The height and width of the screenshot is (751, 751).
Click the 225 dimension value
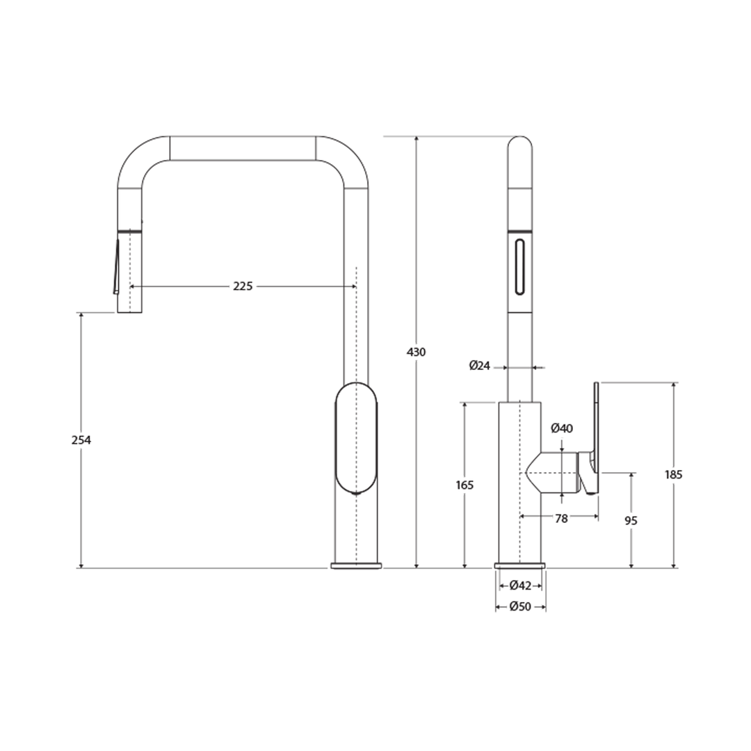point(243,286)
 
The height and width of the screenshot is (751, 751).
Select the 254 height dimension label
point(81,440)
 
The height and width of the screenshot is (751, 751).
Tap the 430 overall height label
point(416,352)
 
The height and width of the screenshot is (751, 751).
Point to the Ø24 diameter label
point(480,365)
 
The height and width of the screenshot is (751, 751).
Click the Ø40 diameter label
point(562,428)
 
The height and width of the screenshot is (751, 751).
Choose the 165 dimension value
point(464,485)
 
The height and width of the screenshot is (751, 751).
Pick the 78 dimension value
point(561,518)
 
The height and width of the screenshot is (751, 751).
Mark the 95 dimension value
point(631,520)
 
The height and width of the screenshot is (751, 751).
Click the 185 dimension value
point(673,474)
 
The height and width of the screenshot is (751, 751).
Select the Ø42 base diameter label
point(520,586)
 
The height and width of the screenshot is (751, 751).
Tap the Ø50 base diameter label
point(520,606)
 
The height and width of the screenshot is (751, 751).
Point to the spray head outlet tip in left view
point(129,309)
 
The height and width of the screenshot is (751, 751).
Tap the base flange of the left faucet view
point(356,565)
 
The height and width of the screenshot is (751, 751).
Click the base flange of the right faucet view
point(520,565)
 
